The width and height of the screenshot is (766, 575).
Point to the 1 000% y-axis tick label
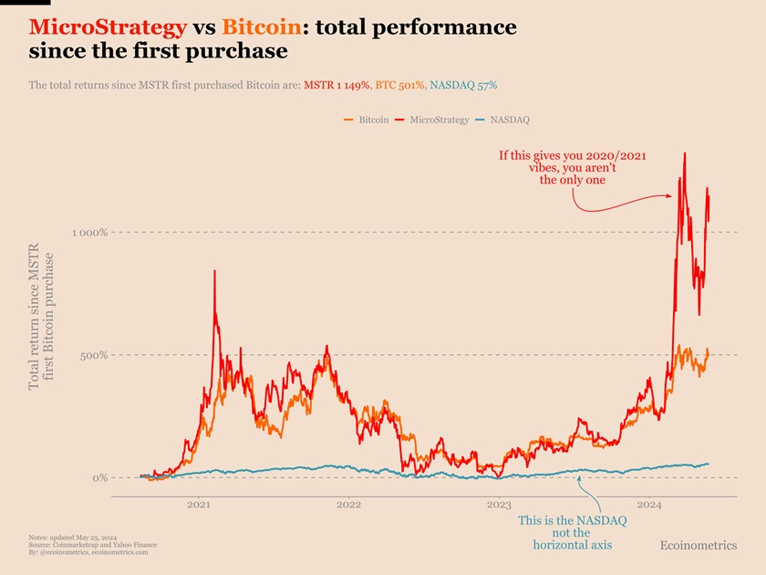click(x=90, y=233)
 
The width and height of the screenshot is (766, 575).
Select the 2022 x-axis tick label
click(x=348, y=505)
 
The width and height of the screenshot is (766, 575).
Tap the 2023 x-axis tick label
click(x=499, y=505)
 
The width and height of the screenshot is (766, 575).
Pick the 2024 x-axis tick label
click(x=649, y=505)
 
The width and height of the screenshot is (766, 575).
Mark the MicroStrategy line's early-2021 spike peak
click(x=214, y=271)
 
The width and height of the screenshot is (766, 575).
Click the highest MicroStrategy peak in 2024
click(x=685, y=153)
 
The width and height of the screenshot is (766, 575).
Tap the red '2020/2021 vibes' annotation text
click(x=572, y=168)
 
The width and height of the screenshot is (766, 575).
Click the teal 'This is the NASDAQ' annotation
click(x=572, y=533)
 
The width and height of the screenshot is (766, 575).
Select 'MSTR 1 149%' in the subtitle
click(x=336, y=85)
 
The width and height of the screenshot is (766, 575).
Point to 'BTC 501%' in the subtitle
click(x=399, y=85)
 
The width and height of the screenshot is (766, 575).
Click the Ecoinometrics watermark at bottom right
click(x=698, y=545)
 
